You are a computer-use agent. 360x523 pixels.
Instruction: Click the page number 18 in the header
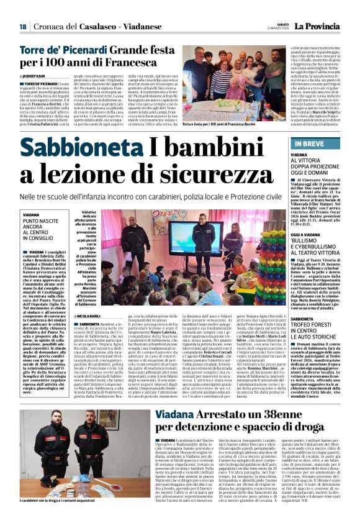[x=22, y=27]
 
